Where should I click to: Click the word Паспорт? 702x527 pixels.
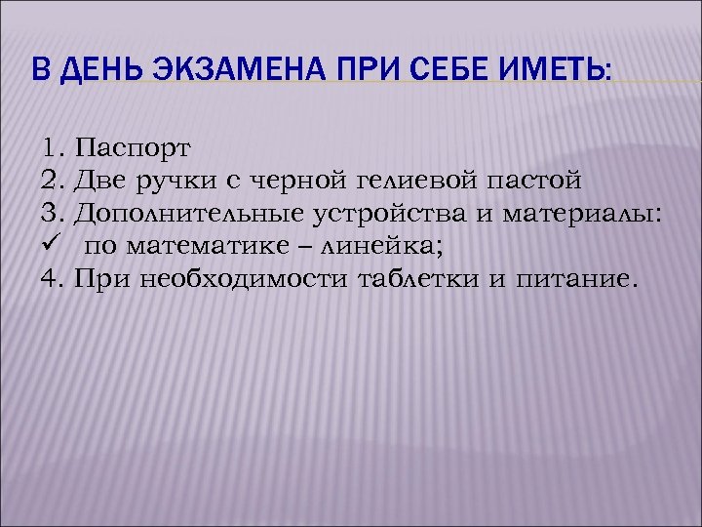tap(133, 149)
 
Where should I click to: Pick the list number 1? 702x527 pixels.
tap(52, 149)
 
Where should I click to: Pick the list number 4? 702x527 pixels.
tap(52, 280)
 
